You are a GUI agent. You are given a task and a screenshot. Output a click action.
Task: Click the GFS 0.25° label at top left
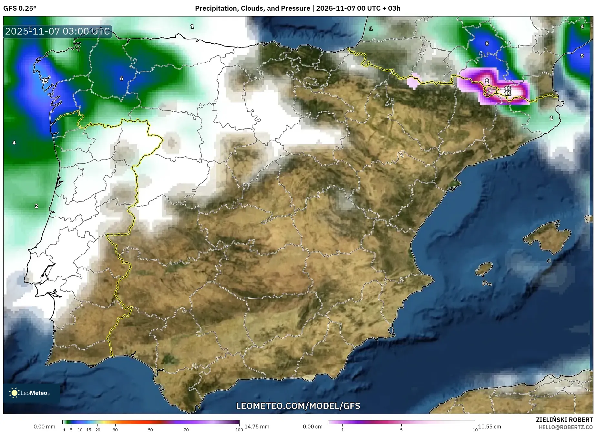click(20, 8)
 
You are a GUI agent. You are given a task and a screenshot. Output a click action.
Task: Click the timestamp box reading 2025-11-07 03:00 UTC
click(58, 31)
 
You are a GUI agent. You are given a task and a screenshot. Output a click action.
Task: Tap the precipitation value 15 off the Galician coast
click(45, 81)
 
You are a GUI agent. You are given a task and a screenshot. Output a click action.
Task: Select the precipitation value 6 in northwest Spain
click(122, 78)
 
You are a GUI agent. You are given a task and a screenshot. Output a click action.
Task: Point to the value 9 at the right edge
click(582, 56)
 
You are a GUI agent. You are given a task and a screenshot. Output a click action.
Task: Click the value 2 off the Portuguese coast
click(36, 206)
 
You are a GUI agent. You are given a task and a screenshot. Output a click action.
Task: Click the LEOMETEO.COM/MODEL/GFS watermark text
click(298, 406)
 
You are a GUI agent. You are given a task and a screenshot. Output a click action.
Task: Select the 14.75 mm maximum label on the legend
click(257, 427)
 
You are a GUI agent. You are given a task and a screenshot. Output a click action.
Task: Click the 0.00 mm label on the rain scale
click(45, 427)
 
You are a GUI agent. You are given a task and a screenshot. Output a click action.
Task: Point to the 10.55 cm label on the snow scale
click(489, 427)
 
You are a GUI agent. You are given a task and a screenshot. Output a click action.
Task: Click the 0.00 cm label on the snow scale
click(313, 427)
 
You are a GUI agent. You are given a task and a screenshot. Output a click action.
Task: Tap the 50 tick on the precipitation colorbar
click(150, 430)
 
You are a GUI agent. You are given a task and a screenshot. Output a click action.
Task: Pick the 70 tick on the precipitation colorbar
click(186, 430)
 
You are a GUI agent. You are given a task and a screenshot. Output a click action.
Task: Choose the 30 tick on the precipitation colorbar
click(115, 430)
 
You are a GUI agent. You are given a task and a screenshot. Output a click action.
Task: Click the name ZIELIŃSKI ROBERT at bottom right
click(564, 420)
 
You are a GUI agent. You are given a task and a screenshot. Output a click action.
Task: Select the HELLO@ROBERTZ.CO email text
click(566, 427)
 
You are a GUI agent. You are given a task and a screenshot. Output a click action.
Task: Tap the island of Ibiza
click(484, 269)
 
